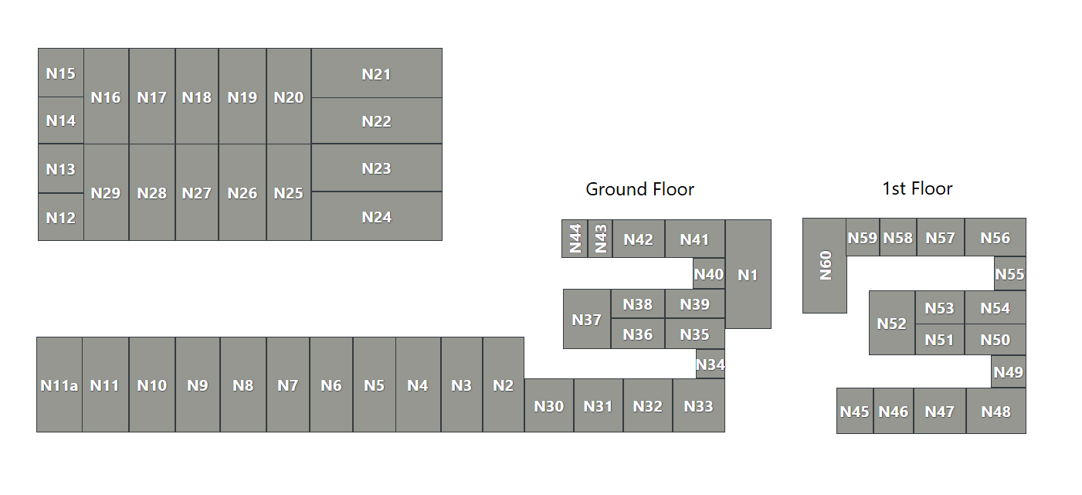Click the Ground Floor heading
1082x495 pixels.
tap(639, 189)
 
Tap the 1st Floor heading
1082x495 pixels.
tap(917, 189)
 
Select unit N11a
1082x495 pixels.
tap(59, 385)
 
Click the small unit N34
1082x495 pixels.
tap(710, 364)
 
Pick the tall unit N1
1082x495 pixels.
tap(748, 274)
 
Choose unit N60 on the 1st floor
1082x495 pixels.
tap(825, 265)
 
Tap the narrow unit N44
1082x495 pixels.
tap(575, 239)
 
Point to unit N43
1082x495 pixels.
tap(600, 239)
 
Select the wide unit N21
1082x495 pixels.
tap(376, 73)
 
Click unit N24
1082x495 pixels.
tap(376, 216)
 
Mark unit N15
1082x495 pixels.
tap(60, 73)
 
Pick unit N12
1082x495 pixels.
tap(60, 217)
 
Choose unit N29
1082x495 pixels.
tap(106, 192)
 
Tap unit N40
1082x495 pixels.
tap(708, 273)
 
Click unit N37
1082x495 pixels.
tap(587, 319)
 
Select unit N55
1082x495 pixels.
tap(1009, 273)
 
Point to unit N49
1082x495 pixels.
tap(1008, 371)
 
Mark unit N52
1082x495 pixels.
tap(892, 323)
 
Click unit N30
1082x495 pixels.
tap(549, 405)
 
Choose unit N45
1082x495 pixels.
tap(855, 411)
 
